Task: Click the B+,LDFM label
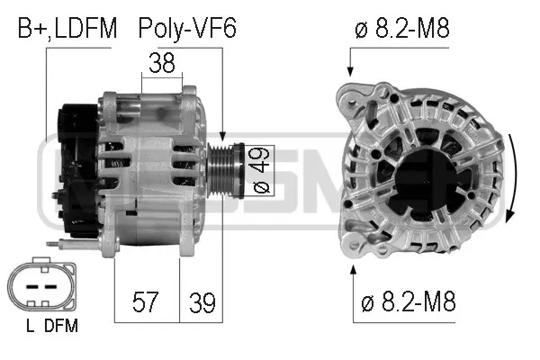[67, 29]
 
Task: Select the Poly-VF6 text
[187, 29]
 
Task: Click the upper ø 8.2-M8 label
[402, 29]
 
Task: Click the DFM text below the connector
[61, 327]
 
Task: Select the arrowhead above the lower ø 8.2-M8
[352, 267]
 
